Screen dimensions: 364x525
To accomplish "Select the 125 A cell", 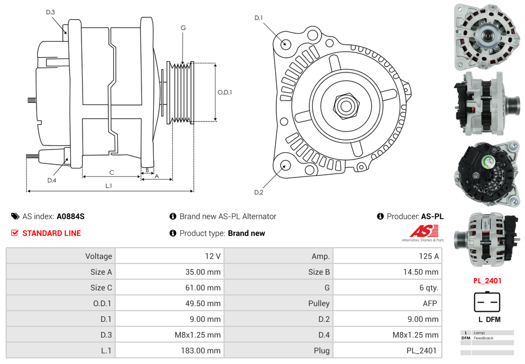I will [x=428, y=256].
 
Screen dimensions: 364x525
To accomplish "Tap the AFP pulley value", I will [x=430, y=303].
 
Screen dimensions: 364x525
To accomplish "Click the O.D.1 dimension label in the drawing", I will [x=225, y=92].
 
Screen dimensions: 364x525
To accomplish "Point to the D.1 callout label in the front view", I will [x=258, y=18].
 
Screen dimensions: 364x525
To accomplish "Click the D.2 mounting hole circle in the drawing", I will [x=285, y=165].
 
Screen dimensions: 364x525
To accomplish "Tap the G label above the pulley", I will [x=183, y=28].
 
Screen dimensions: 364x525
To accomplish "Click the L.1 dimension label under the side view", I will [x=108, y=185].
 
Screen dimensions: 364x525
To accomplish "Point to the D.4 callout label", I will [x=52, y=180].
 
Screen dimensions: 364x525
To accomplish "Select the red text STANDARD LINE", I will [x=51, y=233].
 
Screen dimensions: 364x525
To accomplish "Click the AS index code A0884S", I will [x=70, y=216].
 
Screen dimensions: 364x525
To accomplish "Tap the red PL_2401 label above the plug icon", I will [x=487, y=281].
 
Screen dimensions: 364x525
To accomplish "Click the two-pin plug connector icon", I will [x=486, y=302].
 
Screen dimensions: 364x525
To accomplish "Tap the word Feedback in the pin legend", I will [x=483, y=338].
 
